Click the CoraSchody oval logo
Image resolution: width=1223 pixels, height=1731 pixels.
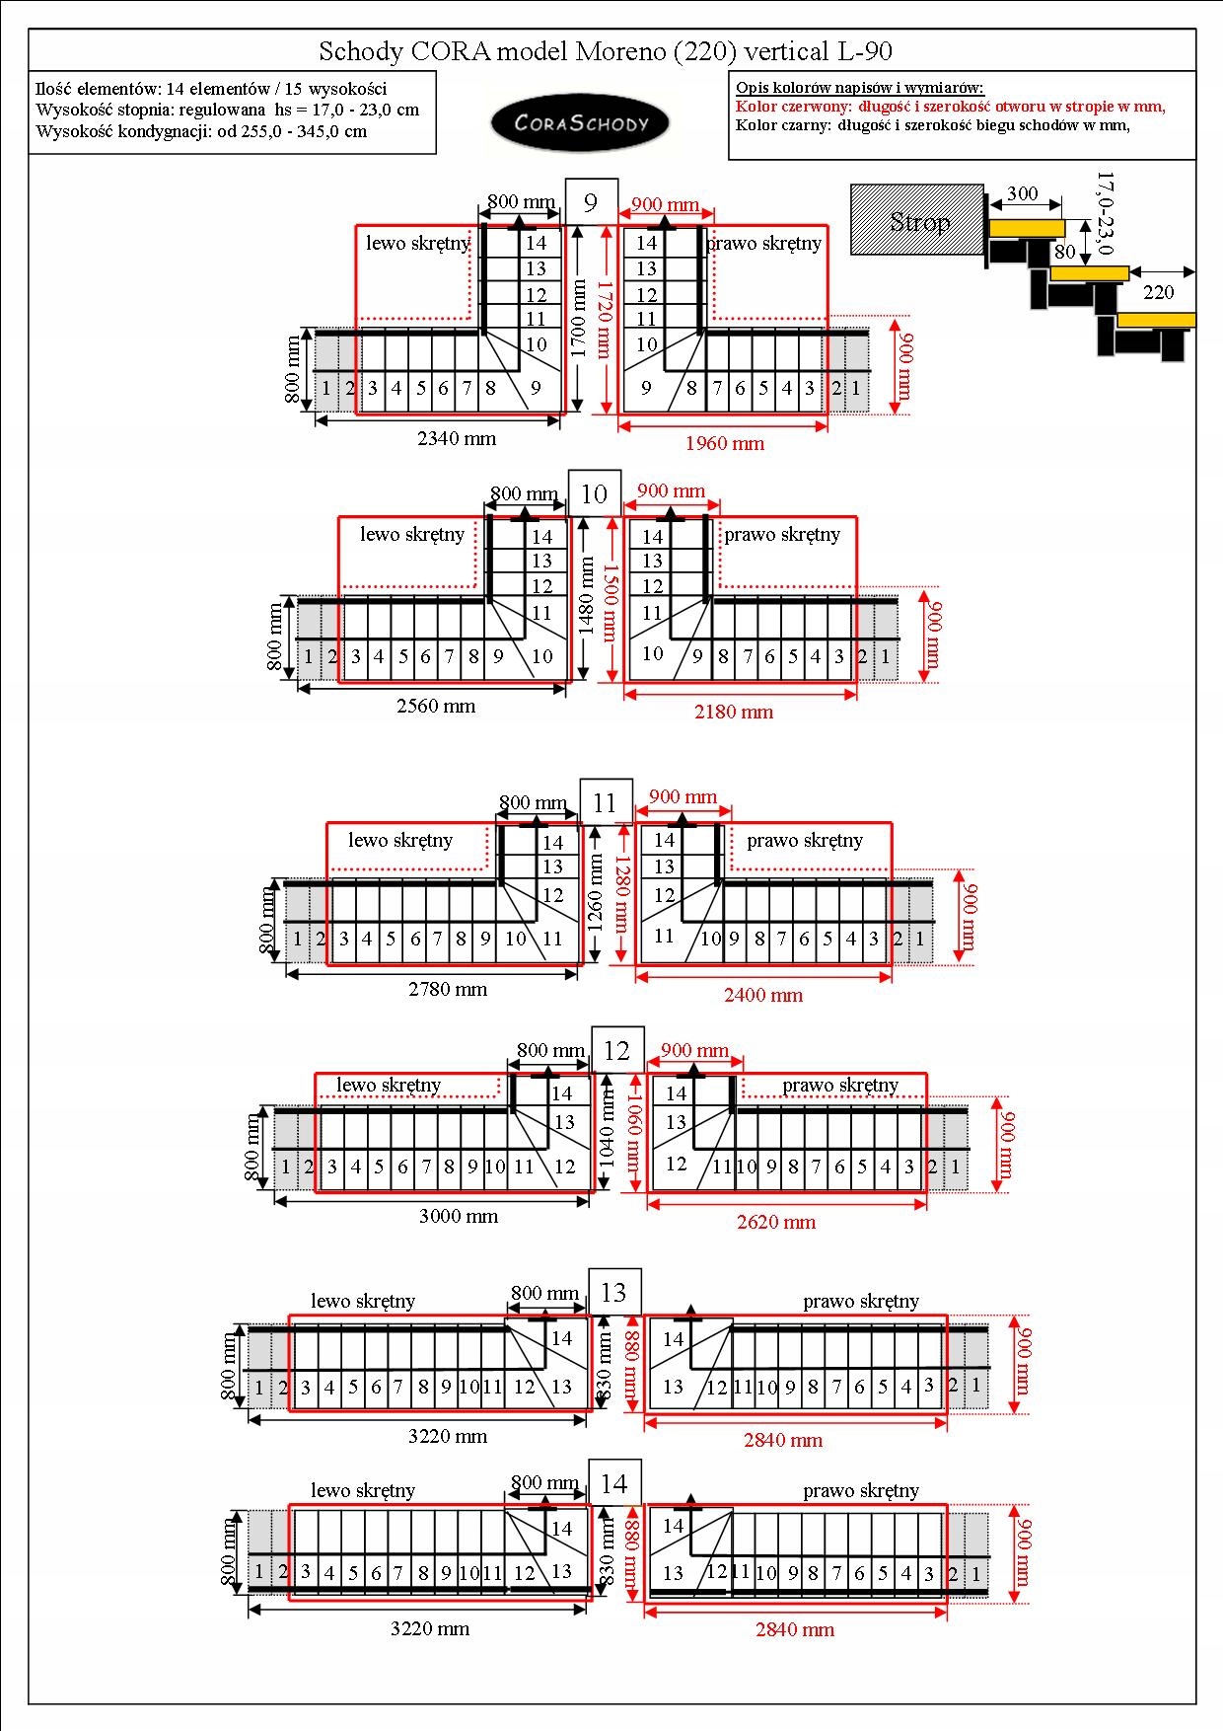tap(580, 123)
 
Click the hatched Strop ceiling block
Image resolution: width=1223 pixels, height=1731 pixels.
tap(917, 220)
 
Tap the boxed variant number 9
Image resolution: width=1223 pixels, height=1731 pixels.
tap(591, 202)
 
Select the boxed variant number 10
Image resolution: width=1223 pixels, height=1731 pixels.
tap(595, 493)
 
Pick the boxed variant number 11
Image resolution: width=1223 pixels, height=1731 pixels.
tap(605, 802)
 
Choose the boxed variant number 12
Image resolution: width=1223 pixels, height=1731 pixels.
tap(616, 1050)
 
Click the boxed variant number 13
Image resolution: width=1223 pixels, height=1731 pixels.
tap(613, 1292)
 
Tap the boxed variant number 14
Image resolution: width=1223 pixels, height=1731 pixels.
tap(613, 1483)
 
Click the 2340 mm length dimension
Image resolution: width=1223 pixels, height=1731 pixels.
tap(457, 438)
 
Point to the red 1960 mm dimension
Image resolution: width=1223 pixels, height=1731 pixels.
tap(725, 443)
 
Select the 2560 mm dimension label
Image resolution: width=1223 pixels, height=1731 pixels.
tap(436, 706)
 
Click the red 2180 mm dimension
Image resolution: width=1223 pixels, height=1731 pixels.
tap(734, 712)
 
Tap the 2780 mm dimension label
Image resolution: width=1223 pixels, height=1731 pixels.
tap(448, 989)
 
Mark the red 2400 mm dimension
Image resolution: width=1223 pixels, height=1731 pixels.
tap(763, 995)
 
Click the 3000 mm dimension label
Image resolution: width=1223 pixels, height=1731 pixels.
tap(459, 1216)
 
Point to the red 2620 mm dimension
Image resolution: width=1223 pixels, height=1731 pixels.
tap(776, 1222)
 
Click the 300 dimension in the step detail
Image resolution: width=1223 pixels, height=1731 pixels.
tap(1022, 193)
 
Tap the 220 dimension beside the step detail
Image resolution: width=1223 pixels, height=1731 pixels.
tap(1159, 292)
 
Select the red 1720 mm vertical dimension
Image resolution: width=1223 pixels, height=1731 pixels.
tap(605, 319)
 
